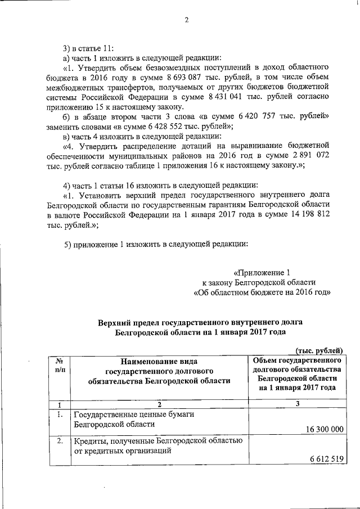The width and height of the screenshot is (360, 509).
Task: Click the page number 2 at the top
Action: (186, 21)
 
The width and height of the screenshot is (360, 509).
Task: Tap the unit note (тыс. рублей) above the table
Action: (319, 350)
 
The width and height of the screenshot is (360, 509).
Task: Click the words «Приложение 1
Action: (263, 272)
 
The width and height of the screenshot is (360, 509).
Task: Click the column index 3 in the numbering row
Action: (297, 403)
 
